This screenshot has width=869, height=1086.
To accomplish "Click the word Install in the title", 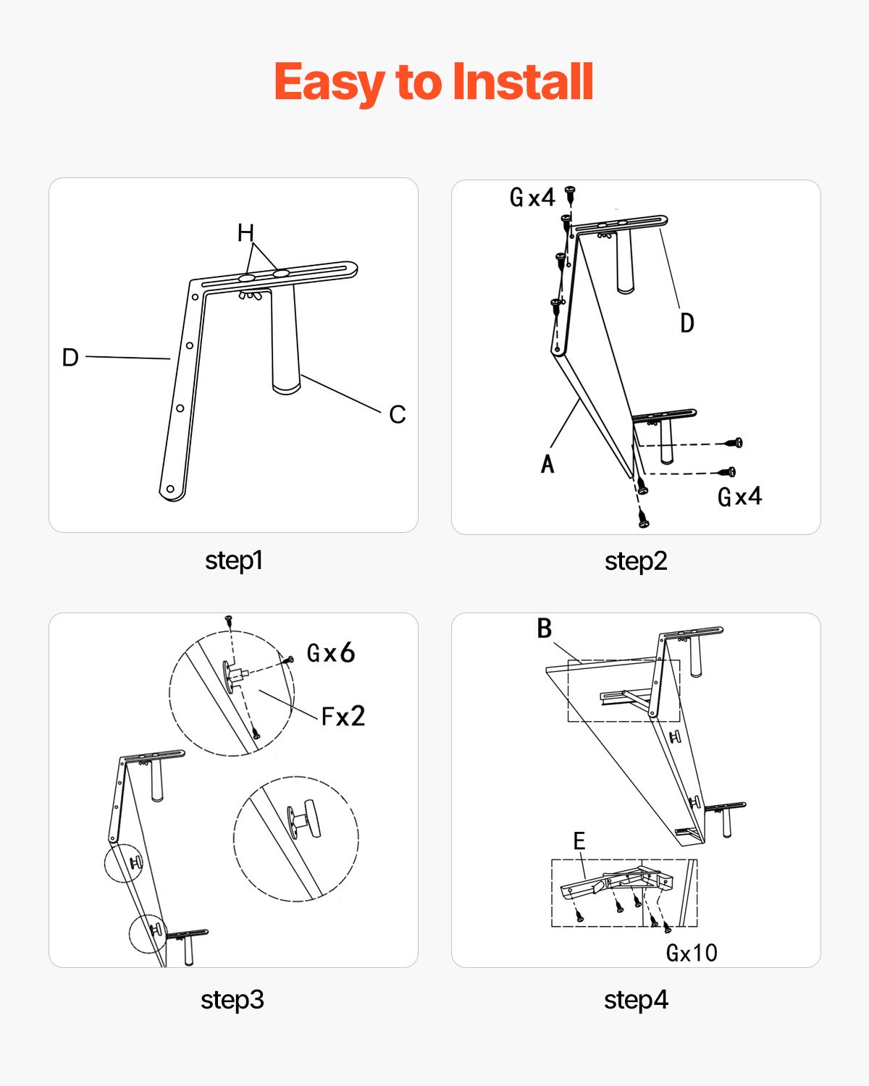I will click(x=522, y=81).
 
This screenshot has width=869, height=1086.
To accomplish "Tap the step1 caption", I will click(x=233, y=560).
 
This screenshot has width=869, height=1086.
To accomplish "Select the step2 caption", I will click(x=635, y=561).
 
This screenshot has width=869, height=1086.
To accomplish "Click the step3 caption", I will click(x=232, y=1000).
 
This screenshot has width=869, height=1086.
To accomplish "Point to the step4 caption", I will click(x=635, y=1000).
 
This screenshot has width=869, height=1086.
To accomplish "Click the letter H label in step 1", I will click(x=245, y=233).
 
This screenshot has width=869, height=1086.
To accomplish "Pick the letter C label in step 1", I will click(x=397, y=414).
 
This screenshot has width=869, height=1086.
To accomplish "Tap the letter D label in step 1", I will click(x=70, y=357).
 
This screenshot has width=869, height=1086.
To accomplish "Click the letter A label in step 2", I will click(x=547, y=464).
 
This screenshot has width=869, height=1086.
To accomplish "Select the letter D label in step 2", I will click(x=687, y=323).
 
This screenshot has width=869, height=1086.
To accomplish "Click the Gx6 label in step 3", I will click(x=331, y=653).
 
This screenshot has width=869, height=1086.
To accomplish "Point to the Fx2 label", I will click(x=343, y=717).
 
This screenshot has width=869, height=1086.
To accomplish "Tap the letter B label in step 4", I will click(x=545, y=628).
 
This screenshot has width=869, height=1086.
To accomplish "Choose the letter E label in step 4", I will click(x=579, y=841).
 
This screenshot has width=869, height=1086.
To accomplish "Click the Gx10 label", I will click(x=692, y=953).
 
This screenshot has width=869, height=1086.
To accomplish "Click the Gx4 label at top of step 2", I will click(x=532, y=197).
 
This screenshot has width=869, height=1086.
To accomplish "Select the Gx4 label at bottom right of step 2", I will click(x=739, y=497).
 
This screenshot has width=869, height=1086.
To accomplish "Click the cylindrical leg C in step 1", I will click(x=285, y=340).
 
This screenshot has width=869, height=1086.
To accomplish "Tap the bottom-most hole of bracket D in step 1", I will click(x=171, y=489).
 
